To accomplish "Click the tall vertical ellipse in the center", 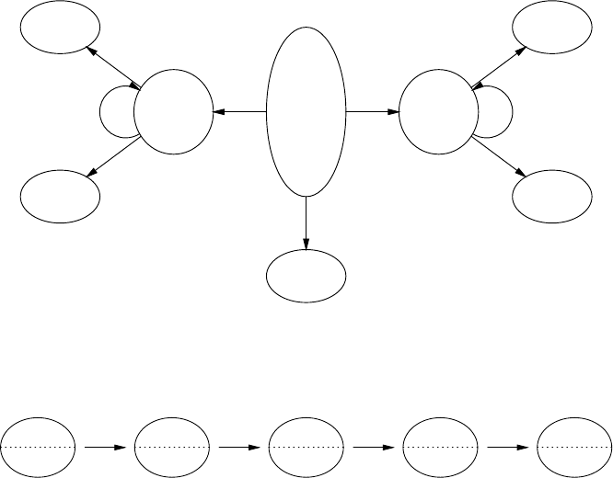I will click(306, 111).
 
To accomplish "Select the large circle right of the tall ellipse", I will click(438, 113).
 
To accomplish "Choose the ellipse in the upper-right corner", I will click(552, 29).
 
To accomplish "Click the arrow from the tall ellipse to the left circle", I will click(238, 112).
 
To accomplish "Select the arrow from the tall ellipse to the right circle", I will click(373, 112).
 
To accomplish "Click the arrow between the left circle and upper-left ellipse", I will click(112, 66).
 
